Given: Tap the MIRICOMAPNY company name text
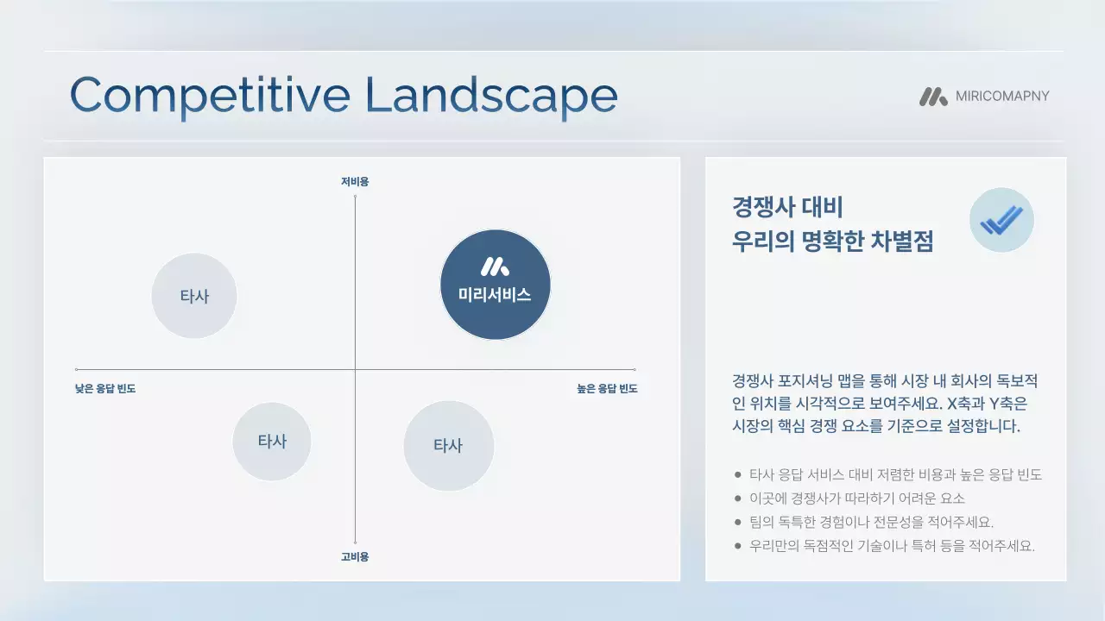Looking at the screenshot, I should coord(1002,96).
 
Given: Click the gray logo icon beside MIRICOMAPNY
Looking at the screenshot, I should coord(933,97).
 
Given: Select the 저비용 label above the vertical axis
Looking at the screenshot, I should coord(355,182).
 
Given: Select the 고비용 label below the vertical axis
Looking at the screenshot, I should coord(355,557).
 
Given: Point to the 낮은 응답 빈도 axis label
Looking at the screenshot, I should coord(105,389).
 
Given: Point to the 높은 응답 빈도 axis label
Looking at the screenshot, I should coord(607,389).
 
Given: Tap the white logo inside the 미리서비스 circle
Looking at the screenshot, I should coord(495,267).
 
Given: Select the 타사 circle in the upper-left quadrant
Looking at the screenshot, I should coord(194,296).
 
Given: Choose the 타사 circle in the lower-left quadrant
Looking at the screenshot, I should coord(272,441).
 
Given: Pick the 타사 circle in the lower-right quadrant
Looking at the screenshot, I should coord(448,446).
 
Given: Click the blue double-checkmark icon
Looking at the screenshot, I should coord(1001,220).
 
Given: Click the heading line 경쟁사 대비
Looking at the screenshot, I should coord(786,208).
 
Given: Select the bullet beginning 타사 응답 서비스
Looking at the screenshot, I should coord(894,474).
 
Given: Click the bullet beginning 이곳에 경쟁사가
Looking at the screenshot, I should coord(856,499).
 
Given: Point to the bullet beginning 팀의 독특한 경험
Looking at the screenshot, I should coord(871,522).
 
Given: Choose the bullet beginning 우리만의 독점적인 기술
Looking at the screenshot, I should coord(891,546).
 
